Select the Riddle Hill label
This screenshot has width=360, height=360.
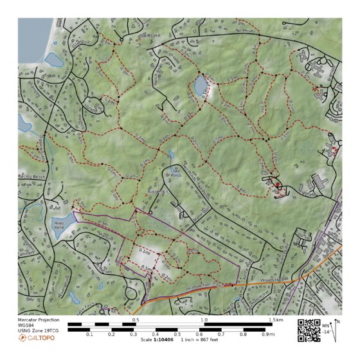point(157,191)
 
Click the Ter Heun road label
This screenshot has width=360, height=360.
point(245,30)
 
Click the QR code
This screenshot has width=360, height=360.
point(309,330)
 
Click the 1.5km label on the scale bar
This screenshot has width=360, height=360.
point(276,319)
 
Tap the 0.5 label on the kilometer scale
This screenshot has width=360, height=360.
point(136,319)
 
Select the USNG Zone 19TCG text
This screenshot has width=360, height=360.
point(39,330)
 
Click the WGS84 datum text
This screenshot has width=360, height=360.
point(28,325)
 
